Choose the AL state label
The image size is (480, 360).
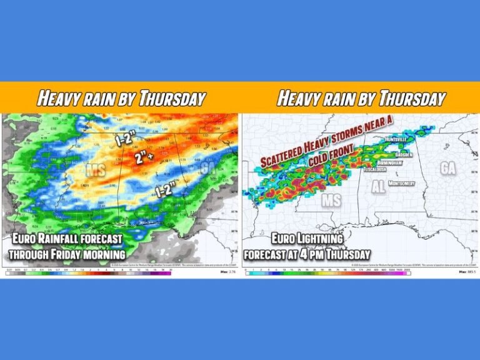(x=378, y=187)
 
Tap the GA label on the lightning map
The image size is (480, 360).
(x=447, y=167)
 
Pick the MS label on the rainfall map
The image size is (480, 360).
(x=96, y=169)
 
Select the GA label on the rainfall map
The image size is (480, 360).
(x=204, y=167)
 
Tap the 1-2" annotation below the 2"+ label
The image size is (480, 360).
(x=164, y=186)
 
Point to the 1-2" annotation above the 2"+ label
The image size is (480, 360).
(x=124, y=139)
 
